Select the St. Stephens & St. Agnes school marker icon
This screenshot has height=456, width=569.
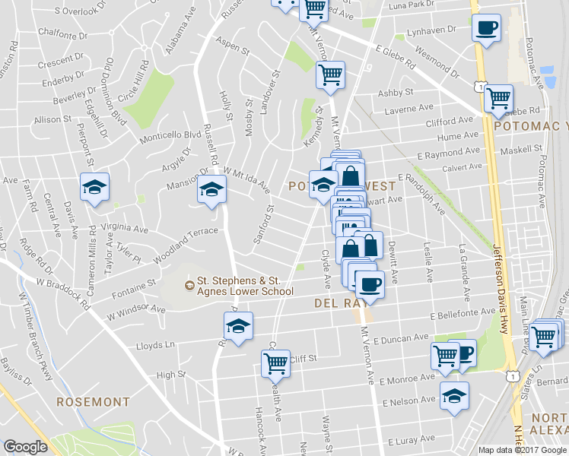click(x=190, y=286)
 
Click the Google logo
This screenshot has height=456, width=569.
click(x=25, y=447)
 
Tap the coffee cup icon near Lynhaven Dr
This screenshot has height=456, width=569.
click(x=486, y=27)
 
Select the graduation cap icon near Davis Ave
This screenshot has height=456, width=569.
click(x=94, y=187)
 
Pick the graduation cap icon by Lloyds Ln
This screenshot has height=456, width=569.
click(x=238, y=326)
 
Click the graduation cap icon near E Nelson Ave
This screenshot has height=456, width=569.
click(x=455, y=395)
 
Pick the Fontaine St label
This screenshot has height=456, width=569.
click(x=137, y=283)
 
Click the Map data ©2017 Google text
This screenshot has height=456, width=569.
click(x=523, y=450)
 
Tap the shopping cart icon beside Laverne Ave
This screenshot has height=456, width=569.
click(x=499, y=97)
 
